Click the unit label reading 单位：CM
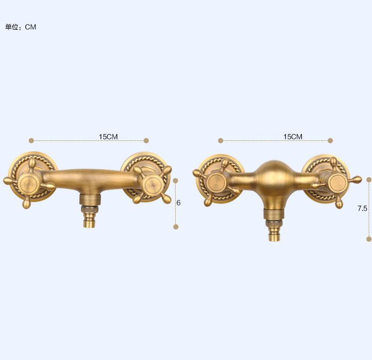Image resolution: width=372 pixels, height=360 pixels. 21,27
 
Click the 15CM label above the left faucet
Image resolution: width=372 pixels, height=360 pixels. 108,137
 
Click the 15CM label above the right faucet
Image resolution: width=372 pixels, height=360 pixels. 292,137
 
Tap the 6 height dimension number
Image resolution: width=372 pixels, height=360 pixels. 178,203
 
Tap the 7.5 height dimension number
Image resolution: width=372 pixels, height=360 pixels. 362,208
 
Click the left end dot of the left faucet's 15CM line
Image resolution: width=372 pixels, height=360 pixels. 32,140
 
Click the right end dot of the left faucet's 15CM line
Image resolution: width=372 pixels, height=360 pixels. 146,140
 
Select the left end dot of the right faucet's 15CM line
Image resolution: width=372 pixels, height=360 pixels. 220,140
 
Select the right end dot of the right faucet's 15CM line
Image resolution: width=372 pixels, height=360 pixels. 330,140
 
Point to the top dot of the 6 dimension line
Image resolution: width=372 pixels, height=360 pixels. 176,180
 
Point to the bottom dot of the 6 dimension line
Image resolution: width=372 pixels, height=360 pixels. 176,227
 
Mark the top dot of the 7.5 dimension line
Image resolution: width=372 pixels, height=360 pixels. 369,180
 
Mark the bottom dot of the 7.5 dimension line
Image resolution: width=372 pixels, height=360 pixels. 369,239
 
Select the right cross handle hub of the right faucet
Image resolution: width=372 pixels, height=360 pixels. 337,181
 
